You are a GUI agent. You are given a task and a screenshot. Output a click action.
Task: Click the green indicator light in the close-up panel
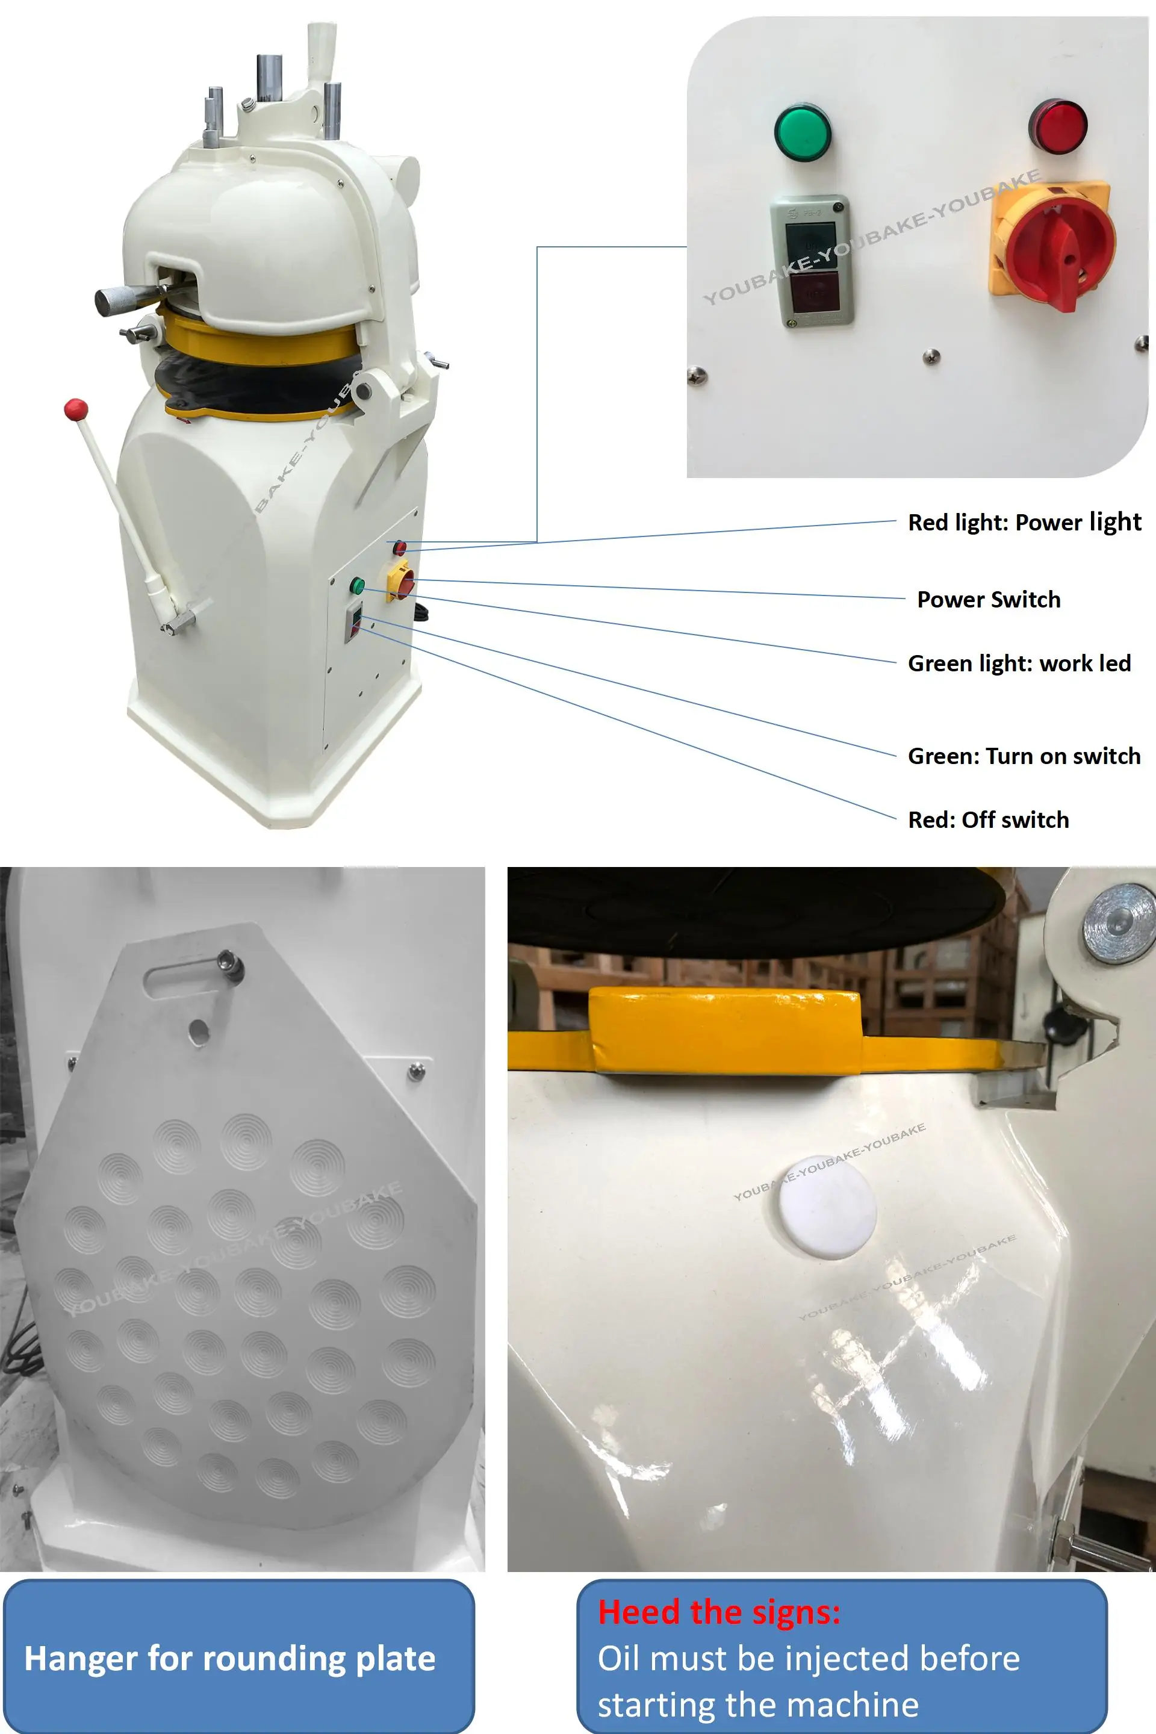[802, 132]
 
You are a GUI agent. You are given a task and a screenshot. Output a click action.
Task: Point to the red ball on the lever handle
[76, 409]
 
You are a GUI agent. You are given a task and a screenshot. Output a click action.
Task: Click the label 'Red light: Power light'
[1024, 522]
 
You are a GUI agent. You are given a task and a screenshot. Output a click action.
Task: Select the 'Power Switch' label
[989, 600]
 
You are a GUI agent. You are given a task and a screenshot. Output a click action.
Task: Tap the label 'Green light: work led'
[1019, 663]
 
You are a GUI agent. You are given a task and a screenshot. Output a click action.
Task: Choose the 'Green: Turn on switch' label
[1024, 756]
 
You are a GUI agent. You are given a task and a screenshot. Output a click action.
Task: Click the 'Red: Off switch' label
[988, 820]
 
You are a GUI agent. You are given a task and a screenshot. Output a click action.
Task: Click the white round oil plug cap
[827, 1207]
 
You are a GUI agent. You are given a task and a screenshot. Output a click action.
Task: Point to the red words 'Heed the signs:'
[719, 1612]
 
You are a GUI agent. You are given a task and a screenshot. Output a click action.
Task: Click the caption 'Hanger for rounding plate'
[230, 1658]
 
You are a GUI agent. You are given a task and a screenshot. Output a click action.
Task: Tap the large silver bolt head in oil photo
[1119, 924]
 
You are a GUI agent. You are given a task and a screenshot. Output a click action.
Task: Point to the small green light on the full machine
[357, 586]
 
